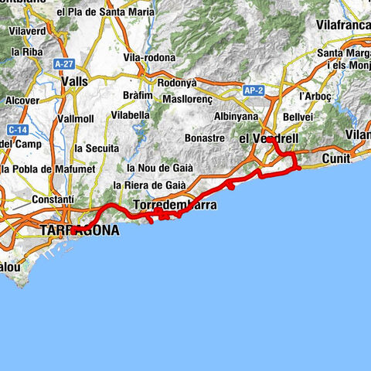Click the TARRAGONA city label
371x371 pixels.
(x=80, y=230)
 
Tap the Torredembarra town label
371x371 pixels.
(x=175, y=206)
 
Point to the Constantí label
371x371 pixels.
(x=52, y=199)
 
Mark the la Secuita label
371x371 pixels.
(x=96, y=148)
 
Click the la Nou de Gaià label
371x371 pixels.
(x=152, y=168)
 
